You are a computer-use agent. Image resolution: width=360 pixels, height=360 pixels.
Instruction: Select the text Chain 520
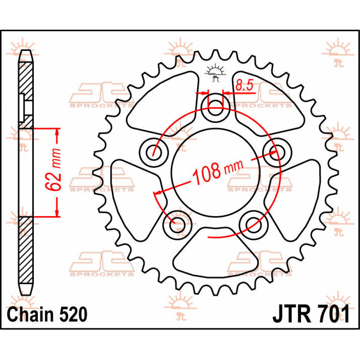pyautogui.click(x=47, y=315)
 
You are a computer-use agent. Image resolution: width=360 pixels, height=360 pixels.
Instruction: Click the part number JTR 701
pyautogui.click(x=311, y=314)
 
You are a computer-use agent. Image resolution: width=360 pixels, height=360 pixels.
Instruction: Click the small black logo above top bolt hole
pyautogui.click(x=215, y=73)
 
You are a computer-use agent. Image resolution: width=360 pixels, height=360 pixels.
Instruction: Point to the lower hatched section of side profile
pyautogui.click(x=25, y=249)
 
